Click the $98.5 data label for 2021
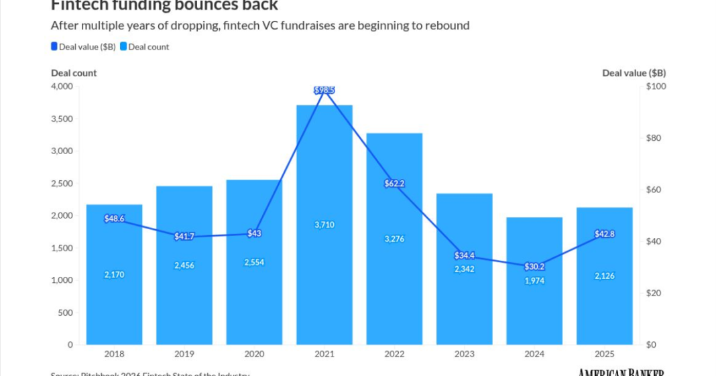point(324,90)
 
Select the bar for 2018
point(114,302)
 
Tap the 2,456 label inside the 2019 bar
point(184,265)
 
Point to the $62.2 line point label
point(394,183)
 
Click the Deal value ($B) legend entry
point(83,47)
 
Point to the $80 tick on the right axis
point(654,139)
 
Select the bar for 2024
point(534,308)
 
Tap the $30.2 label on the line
point(534,265)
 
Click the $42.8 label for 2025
point(604,234)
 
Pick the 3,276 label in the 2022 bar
point(394,239)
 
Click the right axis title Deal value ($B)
point(634,73)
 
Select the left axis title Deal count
point(74,73)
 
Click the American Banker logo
point(621,372)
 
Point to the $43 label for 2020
point(254,233)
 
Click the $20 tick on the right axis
point(654,294)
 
